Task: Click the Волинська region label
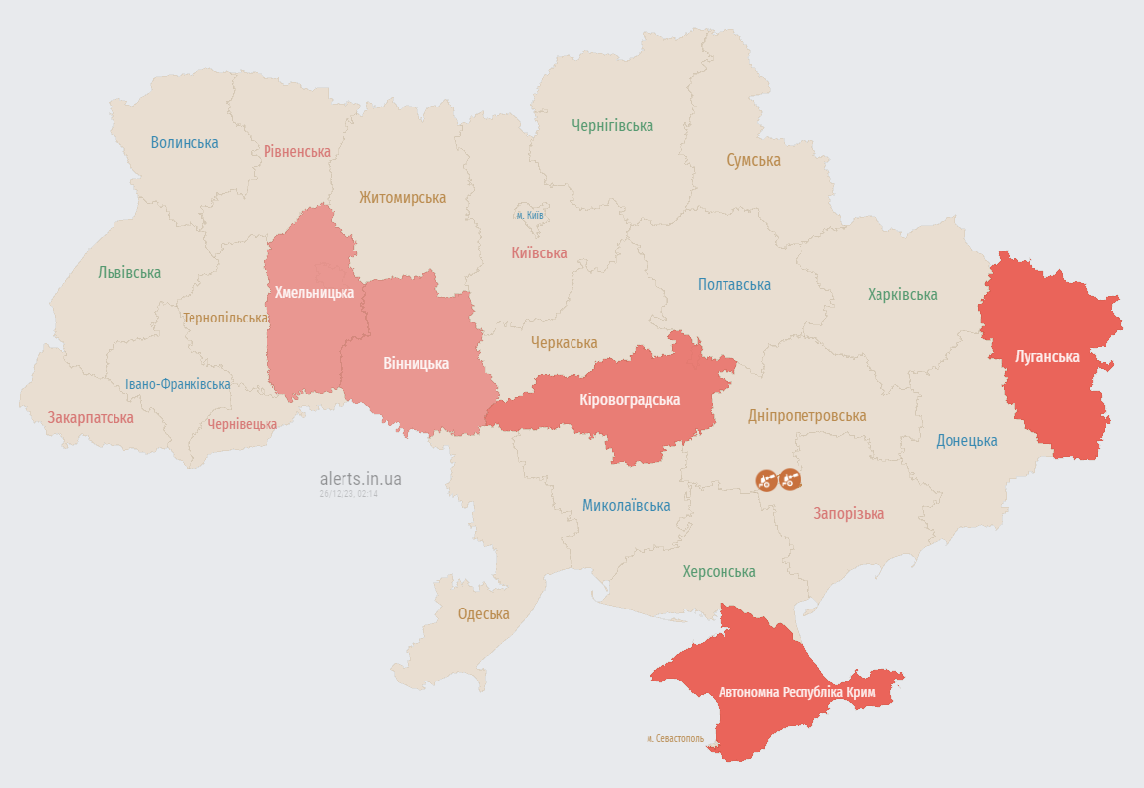click(185, 142)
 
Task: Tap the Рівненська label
click(296, 151)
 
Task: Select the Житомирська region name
click(402, 197)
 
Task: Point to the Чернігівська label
click(612, 125)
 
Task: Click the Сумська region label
click(753, 160)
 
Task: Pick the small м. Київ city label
click(530, 215)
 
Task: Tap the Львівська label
click(129, 272)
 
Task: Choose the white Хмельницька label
click(314, 292)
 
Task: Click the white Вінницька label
click(416, 363)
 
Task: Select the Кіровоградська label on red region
click(630, 399)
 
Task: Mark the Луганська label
click(1046, 356)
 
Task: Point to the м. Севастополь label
click(675, 738)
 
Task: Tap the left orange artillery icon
click(766, 480)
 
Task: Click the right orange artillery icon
click(790, 480)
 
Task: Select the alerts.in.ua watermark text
click(360, 479)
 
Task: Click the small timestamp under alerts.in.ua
click(348, 493)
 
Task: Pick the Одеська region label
click(484, 613)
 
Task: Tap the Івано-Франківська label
click(178, 384)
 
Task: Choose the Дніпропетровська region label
click(806, 415)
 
